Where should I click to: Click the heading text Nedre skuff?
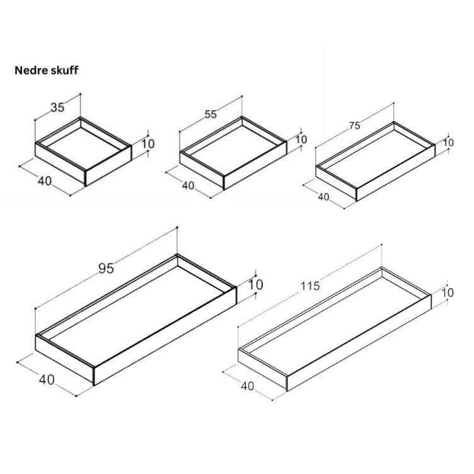point(47,71)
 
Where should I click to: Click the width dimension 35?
point(57,107)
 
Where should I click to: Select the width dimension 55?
point(211,114)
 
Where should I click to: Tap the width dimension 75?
point(355,125)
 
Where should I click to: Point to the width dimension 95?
point(106,269)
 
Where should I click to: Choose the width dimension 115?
point(310,286)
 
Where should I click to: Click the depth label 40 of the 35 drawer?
point(45,181)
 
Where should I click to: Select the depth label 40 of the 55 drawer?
point(188,185)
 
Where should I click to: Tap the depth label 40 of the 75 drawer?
point(323,197)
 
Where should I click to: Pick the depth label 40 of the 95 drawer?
point(47,379)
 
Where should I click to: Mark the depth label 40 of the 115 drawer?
point(248,386)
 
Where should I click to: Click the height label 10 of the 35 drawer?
point(148,144)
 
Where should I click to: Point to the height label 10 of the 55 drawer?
point(301,139)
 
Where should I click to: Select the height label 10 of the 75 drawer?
point(449,142)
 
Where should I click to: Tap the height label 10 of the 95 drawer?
point(256,285)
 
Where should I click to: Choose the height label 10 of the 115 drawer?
point(448,292)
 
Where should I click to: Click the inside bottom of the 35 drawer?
point(82,147)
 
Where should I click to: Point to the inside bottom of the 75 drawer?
point(375,160)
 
